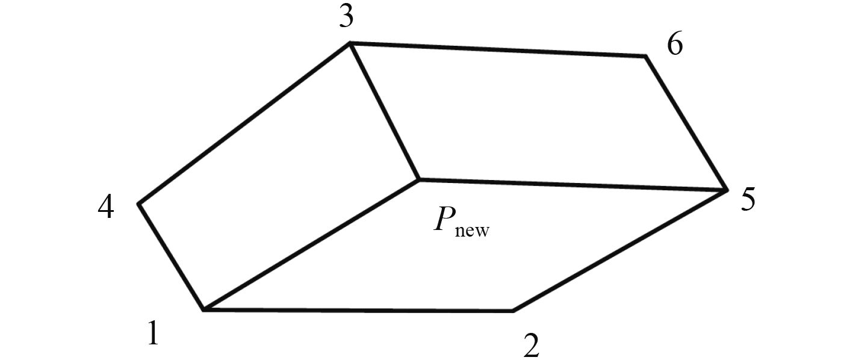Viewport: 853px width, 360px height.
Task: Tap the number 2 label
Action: pos(531,344)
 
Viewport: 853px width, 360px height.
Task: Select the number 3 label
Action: pos(346,18)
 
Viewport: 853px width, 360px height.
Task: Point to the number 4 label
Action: pos(105,208)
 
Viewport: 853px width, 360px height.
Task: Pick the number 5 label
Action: pos(747,200)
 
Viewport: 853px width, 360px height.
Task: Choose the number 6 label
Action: pos(675,45)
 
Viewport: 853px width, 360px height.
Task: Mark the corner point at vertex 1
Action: pos(204,309)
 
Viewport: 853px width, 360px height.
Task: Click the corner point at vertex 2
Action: pos(512,311)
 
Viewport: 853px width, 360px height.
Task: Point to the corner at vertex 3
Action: pos(350,43)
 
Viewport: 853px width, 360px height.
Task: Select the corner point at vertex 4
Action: pos(139,204)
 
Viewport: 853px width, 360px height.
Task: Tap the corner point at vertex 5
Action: pos(727,191)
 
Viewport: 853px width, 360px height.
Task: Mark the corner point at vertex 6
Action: pos(645,57)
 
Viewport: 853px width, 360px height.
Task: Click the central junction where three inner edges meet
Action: pos(419,179)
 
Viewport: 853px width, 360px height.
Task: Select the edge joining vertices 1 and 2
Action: pos(358,310)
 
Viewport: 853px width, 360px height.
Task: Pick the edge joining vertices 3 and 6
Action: pos(498,50)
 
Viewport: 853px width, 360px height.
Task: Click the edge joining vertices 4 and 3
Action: pos(244,123)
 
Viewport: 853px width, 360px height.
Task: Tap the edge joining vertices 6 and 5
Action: pos(686,123)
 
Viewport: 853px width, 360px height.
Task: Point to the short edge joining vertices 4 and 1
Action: pos(172,257)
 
